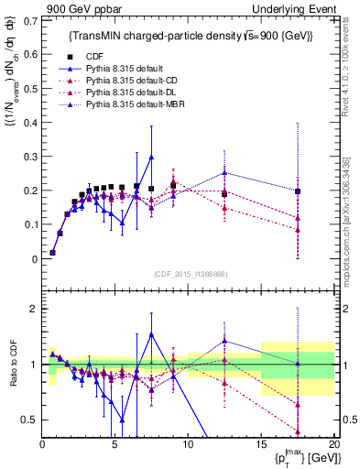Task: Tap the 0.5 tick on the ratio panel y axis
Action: [x=30, y=420]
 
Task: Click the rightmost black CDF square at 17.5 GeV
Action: [x=298, y=191]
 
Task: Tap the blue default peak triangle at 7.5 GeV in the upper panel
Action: [x=151, y=157]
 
